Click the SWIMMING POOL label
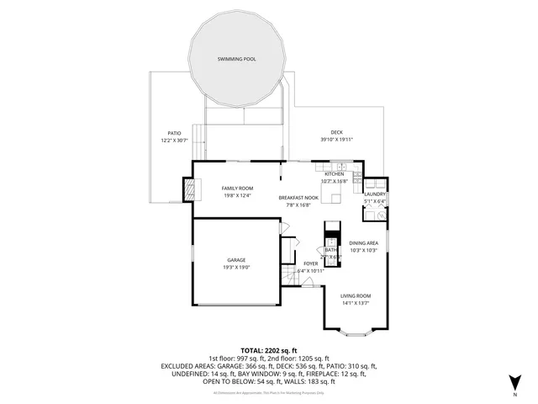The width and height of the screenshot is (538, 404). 236,60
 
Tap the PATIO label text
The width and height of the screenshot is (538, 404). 174,133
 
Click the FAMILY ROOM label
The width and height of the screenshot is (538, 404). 237,188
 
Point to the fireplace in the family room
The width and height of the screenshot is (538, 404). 191,191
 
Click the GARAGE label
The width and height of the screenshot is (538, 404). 236,260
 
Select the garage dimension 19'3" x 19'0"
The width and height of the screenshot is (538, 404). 236,267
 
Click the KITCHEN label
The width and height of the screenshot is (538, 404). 335,174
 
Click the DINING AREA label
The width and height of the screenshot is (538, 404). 363,242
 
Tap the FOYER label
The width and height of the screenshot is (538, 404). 310,264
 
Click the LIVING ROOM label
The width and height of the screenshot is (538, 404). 356,296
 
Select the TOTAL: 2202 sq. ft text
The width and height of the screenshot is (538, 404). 269,349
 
